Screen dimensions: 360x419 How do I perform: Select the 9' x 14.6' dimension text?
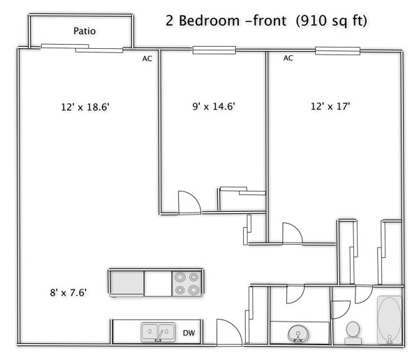213,108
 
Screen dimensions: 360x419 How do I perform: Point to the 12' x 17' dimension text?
330,108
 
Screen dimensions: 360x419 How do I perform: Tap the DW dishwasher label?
189,332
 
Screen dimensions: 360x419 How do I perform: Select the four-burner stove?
187,283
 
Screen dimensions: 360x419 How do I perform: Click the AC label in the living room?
147,59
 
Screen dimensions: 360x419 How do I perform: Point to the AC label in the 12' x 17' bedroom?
288,59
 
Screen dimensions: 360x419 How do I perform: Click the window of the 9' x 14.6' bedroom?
214,50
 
